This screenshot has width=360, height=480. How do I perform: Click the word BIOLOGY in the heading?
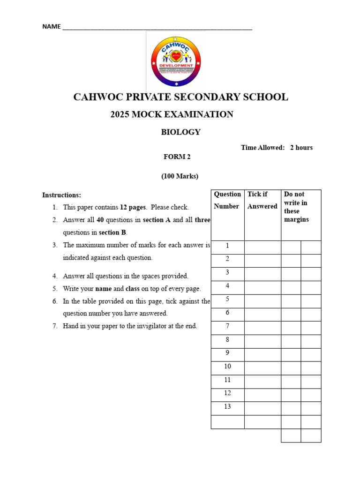(180, 132)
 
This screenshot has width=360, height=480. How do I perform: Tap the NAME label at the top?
(51, 27)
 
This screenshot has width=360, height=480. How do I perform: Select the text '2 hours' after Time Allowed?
(301, 148)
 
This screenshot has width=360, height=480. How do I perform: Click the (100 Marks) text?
(180, 177)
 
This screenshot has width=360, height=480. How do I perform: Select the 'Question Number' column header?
(227, 200)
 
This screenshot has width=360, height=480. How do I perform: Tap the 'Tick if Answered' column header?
(262, 200)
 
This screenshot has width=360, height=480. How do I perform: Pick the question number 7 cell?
(227, 326)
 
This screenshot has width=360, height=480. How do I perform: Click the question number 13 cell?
(227, 407)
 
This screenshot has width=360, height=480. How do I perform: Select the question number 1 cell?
(227, 246)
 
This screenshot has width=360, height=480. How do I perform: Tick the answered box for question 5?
(262, 300)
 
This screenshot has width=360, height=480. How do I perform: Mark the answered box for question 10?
(262, 367)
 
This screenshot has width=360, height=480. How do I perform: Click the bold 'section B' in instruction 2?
(112, 232)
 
